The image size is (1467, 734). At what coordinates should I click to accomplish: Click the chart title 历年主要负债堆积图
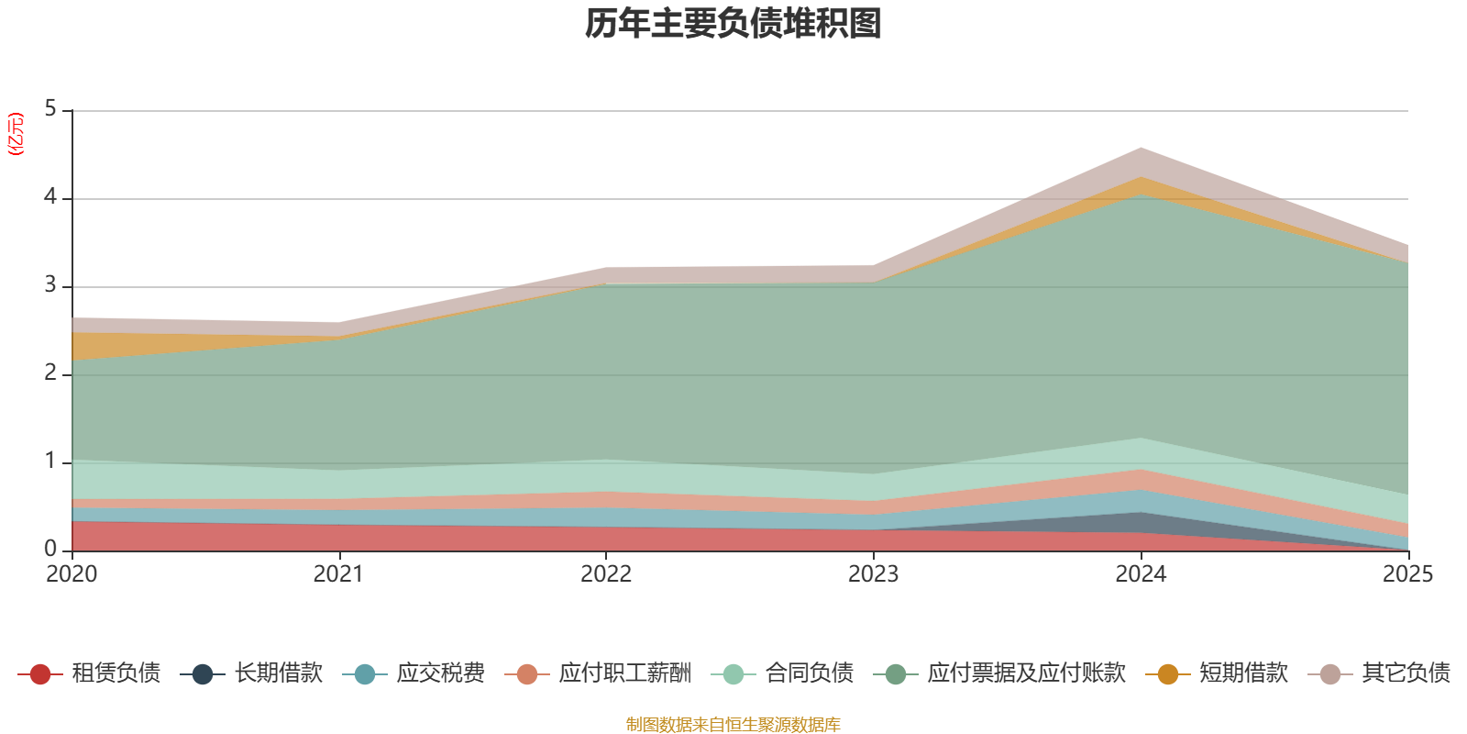pyautogui.click(x=733, y=24)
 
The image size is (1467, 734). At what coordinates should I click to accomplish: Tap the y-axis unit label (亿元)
pyautogui.click(x=15, y=134)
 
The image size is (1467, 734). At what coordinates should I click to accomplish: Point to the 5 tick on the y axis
pyautogui.click(x=50, y=109)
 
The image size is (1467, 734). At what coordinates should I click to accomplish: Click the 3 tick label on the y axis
pyautogui.click(x=50, y=285)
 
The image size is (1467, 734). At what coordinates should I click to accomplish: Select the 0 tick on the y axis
pyautogui.click(x=50, y=550)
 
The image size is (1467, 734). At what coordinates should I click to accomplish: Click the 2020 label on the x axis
pyautogui.click(x=72, y=574)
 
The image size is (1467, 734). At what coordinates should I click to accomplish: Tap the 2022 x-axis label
pyautogui.click(x=606, y=574)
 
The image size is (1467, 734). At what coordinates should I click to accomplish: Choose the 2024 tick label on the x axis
pyautogui.click(x=1141, y=574)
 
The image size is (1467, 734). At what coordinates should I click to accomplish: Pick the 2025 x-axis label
pyautogui.click(x=1408, y=574)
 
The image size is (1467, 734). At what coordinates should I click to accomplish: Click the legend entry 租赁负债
pyautogui.click(x=89, y=673)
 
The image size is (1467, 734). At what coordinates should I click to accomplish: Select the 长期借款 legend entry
pyautogui.click(x=251, y=673)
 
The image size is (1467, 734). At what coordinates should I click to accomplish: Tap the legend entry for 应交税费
pyautogui.click(x=414, y=673)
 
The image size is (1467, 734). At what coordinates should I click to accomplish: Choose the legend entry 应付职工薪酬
pyautogui.click(x=598, y=673)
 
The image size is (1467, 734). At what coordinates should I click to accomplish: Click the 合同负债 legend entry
pyautogui.click(x=783, y=673)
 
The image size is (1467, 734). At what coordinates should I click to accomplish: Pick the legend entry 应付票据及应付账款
pyautogui.click(x=999, y=673)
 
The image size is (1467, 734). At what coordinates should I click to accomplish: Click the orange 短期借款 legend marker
pyautogui.click(x=1168, y=673)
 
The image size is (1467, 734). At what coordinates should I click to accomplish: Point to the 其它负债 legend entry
pyautogui.click(x=1379, y=673)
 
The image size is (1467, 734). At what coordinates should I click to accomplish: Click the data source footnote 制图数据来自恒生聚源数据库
pyautogui.click(x=733, y=724)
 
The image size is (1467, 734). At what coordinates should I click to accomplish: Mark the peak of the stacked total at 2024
pyautogui.click(x=1141, y=148)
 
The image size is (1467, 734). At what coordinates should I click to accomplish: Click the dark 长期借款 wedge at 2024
pyautogui.click(x=1141, y=522)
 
